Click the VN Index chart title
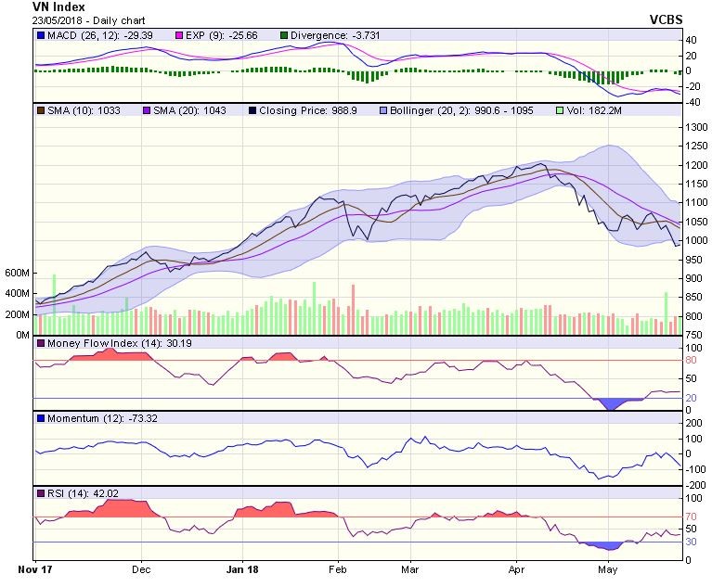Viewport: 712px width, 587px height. pos(58,6)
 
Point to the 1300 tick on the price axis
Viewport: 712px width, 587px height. pos(696,127)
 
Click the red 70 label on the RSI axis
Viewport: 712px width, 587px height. pos(691,517)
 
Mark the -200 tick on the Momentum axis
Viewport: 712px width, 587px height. pos(693,484)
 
